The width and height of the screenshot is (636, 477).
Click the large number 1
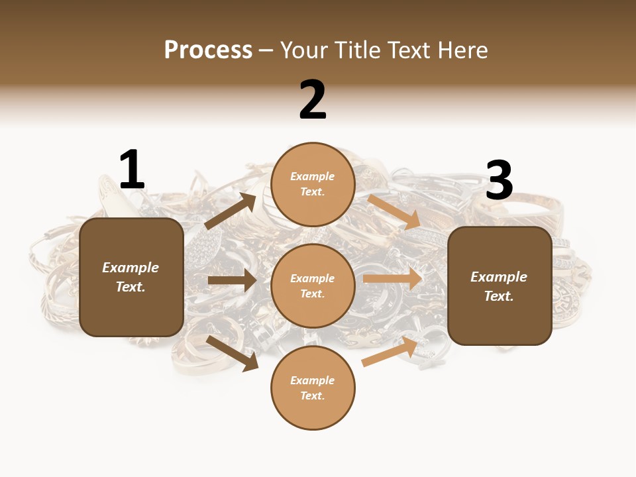tap(132, 170)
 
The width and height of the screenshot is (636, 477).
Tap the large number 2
tap(313, 100)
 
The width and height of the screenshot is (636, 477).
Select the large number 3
tap(499, 180)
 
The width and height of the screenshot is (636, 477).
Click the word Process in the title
tap(208, 50)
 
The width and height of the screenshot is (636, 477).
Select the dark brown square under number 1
tap(131, 277)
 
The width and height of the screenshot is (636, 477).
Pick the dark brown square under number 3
tap(500, 286)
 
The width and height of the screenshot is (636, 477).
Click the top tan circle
tap(313, 184)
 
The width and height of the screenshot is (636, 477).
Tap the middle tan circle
tap(313, 286)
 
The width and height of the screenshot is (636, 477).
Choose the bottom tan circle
tap(313, 388)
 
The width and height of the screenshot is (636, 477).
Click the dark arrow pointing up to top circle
tap(231, 211)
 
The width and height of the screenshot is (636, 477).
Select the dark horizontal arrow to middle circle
tap(232, 280)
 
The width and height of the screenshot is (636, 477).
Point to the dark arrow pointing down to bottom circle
tap(233, 352)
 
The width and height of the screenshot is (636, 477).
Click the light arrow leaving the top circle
tap(394, 211)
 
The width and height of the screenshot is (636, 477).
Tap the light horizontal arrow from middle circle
tap(392, 278)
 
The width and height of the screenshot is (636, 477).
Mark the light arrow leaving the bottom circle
tap(390, 352)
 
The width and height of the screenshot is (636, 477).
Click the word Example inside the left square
tap(131, 268)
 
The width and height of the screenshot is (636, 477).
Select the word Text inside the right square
tap(498, 296)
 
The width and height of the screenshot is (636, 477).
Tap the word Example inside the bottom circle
tap(313, 380)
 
